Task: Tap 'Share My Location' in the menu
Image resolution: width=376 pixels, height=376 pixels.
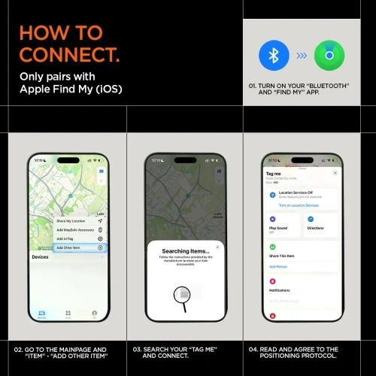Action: click(72, 220)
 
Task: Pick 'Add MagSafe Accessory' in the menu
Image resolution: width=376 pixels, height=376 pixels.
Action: click(74, 229)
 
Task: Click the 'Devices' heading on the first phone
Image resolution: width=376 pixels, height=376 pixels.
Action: click(40, 257)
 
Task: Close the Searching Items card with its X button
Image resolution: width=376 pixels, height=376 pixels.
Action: click(217, 246)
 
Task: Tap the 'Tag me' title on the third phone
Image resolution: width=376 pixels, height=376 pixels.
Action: click(274, 173)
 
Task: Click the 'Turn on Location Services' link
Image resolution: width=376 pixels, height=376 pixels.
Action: click(299, 205)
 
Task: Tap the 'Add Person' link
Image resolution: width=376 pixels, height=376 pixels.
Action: click(278, 266)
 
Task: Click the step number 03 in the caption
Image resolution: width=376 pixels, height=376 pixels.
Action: click(138, 350)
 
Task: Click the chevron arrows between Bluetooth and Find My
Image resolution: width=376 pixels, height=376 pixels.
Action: click(299, 56)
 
